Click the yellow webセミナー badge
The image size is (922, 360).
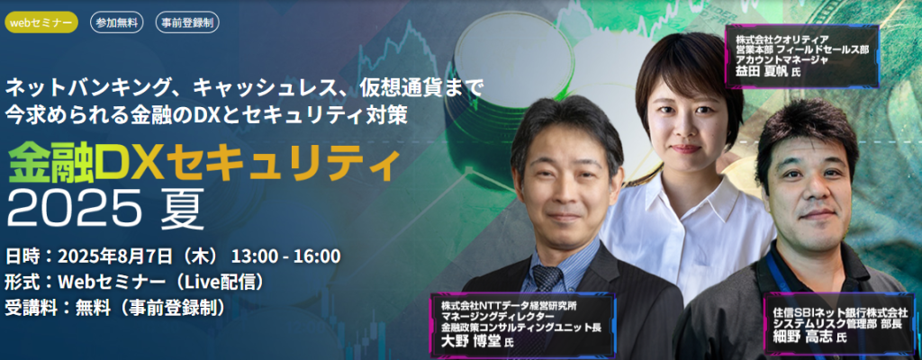[x=41, y=22]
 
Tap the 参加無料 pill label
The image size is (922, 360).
[x=116, y=22]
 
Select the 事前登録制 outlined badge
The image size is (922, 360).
[x=187, y=22]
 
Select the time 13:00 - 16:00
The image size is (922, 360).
[x=285, y=256]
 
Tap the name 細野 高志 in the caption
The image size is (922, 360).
[x=800, y=337]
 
